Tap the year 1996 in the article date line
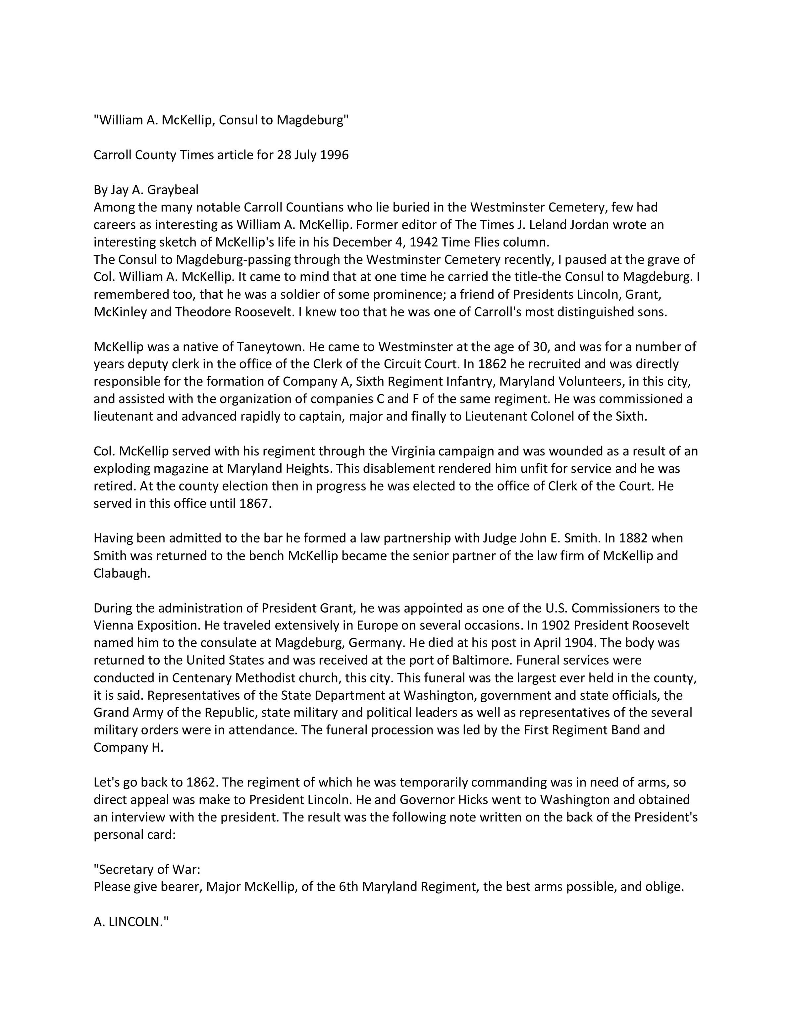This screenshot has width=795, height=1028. (334, 155)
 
